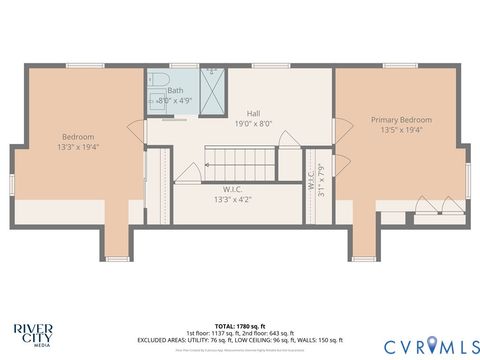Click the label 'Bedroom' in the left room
(77, 137)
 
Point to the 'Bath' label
(175, 90)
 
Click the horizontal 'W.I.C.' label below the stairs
(231, 188)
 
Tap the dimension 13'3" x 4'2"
(231, 199)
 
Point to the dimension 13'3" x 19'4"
(77, 147)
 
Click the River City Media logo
(34, 332)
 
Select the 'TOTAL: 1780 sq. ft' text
(239, 325)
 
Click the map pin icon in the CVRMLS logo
(432, 345)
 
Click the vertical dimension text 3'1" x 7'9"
(321, 180)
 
